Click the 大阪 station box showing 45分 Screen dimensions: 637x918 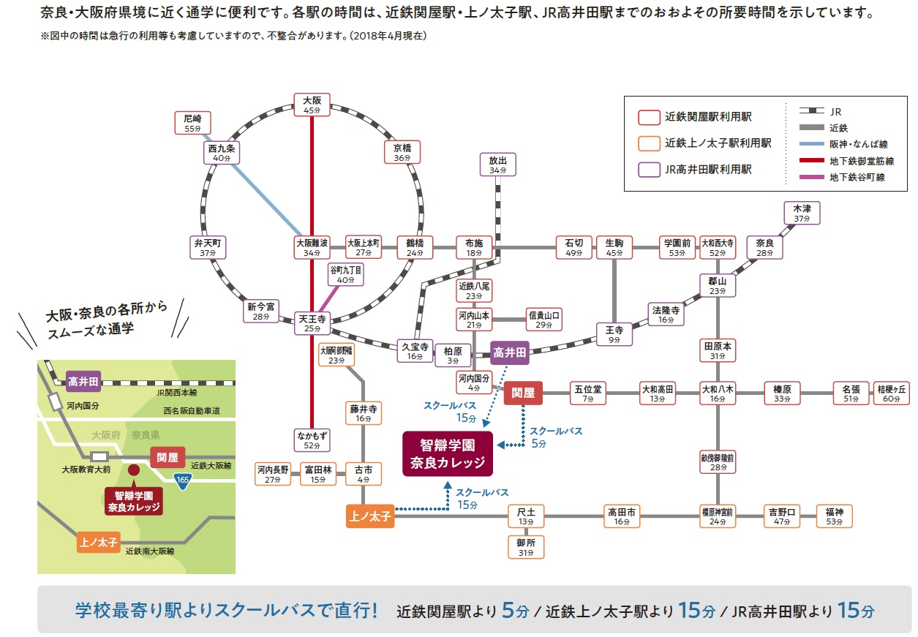tap(312, 105)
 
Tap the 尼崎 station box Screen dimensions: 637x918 tap(192, 123)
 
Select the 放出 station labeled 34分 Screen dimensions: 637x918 tap(498, 164)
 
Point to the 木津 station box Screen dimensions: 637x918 tap(802, 213)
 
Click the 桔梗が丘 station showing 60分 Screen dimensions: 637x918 tap(892, 393)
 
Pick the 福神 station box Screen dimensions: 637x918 tap(835, 516)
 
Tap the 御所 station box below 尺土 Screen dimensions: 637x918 tap(526, 547)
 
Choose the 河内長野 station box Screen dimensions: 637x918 tap(273, 474)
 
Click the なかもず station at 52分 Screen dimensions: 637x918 tap(312, 441)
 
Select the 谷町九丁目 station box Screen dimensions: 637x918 tap(345, 274)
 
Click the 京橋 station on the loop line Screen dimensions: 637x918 tap(402, 152)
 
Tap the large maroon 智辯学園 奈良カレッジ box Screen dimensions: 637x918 tap(448, 453)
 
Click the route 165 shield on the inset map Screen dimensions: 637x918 tap(182, 480)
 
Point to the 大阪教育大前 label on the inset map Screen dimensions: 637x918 tap(86, 470)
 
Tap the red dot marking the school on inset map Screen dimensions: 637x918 tap(134, 470)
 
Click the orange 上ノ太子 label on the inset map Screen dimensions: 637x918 tap(98, 543)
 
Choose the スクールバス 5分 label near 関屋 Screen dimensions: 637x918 tap(556, 437)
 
